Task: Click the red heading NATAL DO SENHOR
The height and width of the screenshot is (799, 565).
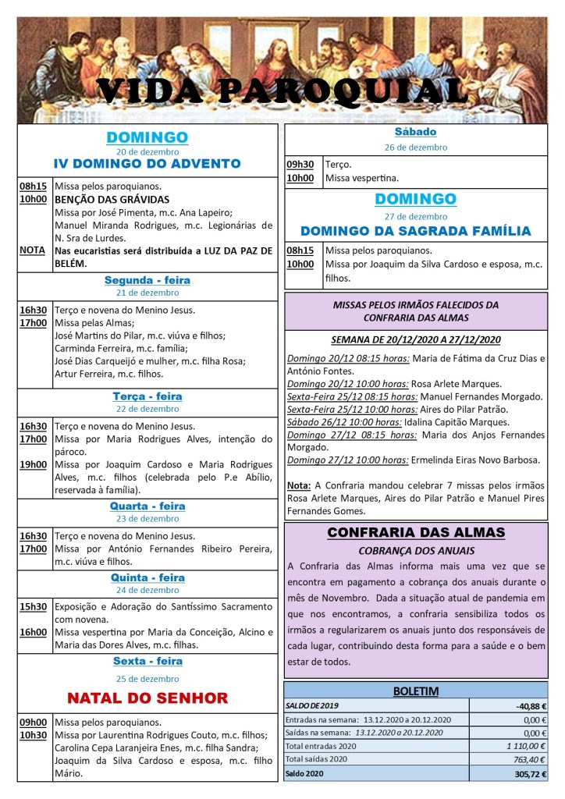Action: (x=147, y=698)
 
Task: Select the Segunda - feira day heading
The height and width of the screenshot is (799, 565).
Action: (x=147, y=280)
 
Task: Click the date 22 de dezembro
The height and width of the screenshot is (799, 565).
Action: (x=147, y=409)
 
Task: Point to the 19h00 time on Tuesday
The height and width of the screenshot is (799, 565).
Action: (x=33, y=465)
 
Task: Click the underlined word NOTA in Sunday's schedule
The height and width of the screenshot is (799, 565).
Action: (x=32, y=250)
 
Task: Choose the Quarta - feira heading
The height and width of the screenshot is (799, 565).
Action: (x=147, y=506)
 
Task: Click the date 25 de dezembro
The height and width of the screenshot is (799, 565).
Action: (x=147, y=679)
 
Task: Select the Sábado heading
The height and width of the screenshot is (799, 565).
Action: (x=415, y=132)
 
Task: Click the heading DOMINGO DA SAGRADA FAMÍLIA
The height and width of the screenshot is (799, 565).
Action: (x=415, y=231)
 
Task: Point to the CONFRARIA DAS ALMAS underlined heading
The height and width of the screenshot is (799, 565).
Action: (x=415, y=533)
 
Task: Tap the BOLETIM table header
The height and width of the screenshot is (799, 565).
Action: (x=415, y=691)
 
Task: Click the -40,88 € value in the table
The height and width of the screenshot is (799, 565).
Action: (x=531, y=705)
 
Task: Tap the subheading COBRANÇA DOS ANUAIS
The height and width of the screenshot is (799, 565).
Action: (x=415, y=549)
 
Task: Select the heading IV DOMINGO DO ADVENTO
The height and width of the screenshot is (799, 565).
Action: (x=147, y=164)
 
